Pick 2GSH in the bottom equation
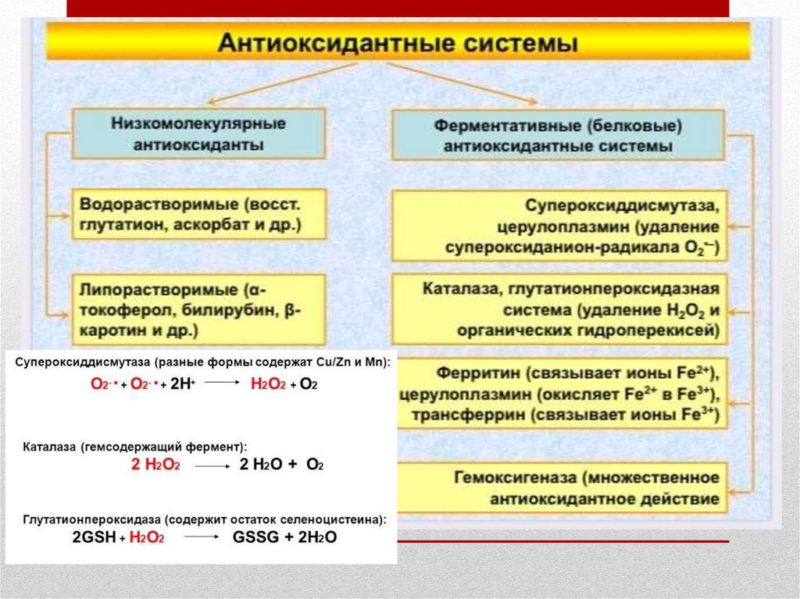click(x=93, y=539)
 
